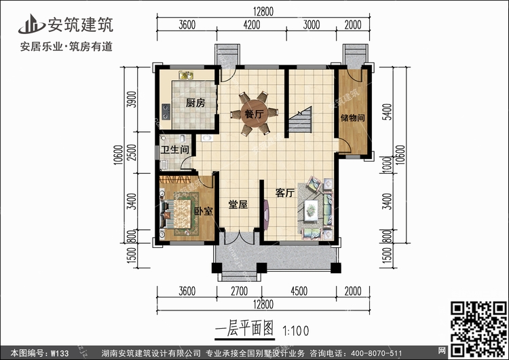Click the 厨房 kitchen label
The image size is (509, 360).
coord(195,103)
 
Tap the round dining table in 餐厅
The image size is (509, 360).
coord(254,113)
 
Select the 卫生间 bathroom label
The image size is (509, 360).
coord(175,150)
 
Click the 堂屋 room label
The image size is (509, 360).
coord(238,204)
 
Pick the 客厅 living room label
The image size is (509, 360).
coord(285,193)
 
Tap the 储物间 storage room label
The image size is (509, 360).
coord(353,118)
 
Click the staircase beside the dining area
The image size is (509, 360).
coord(301,120)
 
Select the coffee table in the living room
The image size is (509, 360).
coord(311,210)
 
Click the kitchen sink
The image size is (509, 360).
coord(186,75)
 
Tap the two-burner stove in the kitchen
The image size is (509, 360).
coord(166,111)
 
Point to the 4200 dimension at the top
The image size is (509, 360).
coord(252,24)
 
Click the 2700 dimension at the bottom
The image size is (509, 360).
coord(240,291)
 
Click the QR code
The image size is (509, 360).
coord(478,329)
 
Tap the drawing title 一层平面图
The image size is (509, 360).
coord(244,329)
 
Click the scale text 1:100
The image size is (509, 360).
coord(296,331)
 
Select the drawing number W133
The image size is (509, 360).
coord(60,353)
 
